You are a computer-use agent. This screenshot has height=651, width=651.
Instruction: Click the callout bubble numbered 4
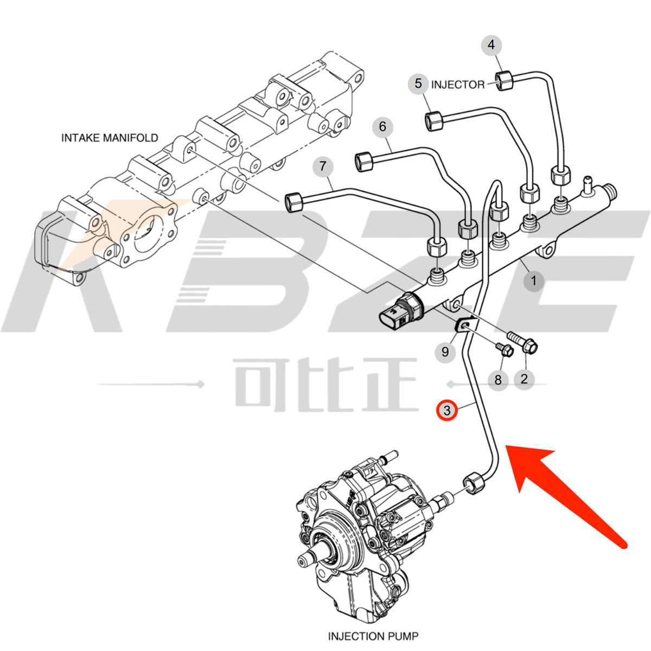[492, 44]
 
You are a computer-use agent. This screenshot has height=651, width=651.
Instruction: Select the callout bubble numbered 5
[418, 84]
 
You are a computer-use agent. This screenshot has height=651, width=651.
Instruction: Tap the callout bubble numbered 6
[382, 126]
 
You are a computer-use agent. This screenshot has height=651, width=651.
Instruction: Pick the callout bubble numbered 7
[323, 166]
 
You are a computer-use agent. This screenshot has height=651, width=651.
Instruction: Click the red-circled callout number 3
[447, 410]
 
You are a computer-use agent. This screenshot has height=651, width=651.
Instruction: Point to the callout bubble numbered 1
[533, 281]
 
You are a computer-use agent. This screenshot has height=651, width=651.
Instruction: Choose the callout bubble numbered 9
[445, 352]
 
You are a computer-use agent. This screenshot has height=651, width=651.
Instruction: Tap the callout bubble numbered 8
[498, 380]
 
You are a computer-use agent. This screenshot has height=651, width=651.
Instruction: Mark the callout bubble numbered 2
[524, 379]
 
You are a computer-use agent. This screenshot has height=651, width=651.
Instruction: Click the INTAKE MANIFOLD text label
[110, 138]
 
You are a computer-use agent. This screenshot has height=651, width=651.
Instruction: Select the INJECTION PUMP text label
[373, 636]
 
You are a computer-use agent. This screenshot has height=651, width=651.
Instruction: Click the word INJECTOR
[457, 85]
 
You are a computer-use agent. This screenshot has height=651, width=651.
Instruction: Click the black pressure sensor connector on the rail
[401, 313]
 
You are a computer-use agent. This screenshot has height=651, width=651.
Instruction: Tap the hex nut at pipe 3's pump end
[473, 483]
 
